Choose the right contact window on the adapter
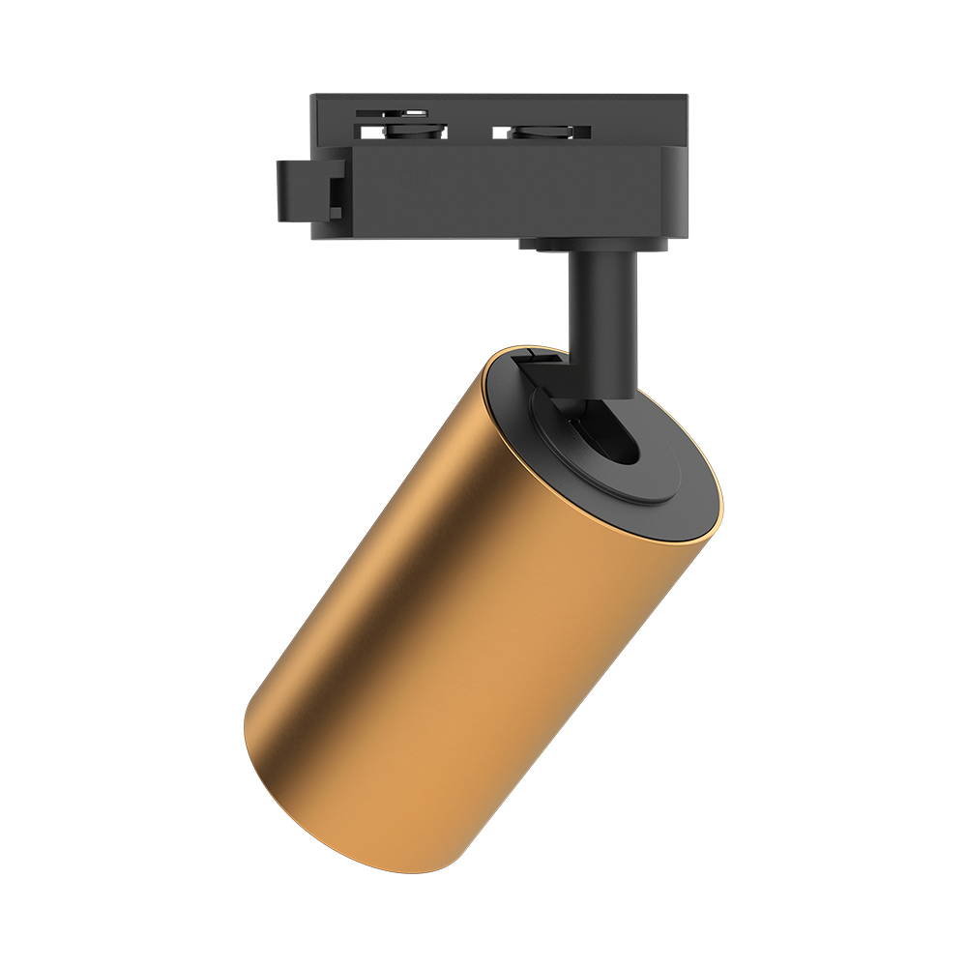point(542,132)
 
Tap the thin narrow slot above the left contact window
point(393,113)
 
